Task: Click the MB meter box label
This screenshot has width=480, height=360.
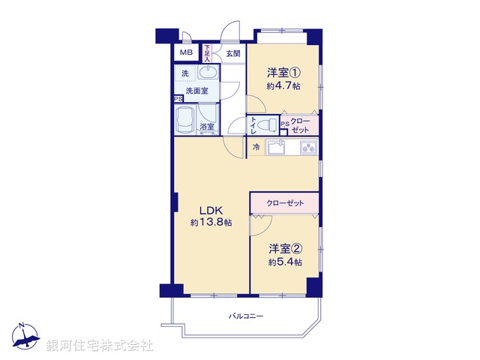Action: [184, 54]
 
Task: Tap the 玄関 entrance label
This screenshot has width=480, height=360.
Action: [233, 54]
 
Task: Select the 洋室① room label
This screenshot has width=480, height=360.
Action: [283, 73]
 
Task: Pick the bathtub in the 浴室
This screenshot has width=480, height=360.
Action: [185, 119]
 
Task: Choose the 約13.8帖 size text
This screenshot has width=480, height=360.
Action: [211, 223]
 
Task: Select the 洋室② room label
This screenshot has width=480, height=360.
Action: [285, 249]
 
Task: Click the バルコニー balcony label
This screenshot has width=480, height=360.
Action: [246, 316]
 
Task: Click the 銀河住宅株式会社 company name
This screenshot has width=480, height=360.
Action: [100, 345]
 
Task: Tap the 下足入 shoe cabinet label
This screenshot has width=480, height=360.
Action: [206, 53]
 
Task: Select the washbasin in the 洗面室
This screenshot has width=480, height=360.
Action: [208, 73]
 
